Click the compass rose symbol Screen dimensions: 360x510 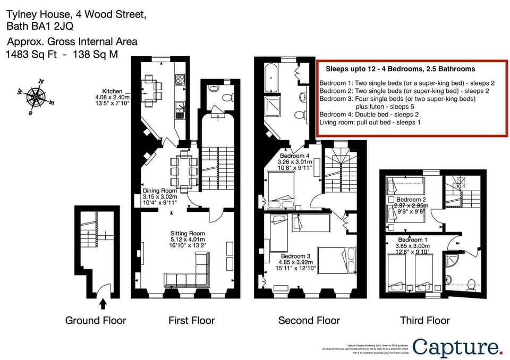pyautogui.click(x=36, y=97)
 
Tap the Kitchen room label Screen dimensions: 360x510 pyautogui.click(x=112, y=91)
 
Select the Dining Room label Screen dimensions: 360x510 pyautogui.click(x=159, y=191)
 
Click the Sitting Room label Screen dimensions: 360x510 pyautogui.click(x=188, y=233)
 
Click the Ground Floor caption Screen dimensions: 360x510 pyautogui.click(x=96, y=320)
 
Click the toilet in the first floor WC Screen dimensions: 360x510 pyautogui.click(x=227, y=98)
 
